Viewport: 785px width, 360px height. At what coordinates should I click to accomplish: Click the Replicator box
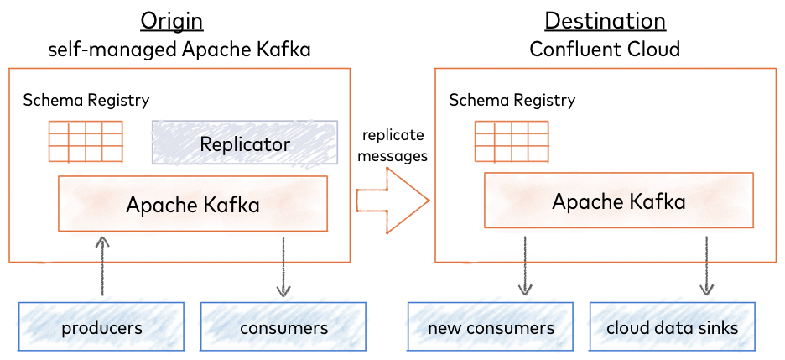pos(244,143)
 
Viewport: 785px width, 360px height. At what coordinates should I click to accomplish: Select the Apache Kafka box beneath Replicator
pos(192,204)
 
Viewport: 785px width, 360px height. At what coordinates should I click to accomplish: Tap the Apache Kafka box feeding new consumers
pos(619,201)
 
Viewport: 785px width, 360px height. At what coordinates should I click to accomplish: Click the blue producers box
pos(101,327)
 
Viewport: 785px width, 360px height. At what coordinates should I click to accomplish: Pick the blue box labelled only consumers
pos(283,327)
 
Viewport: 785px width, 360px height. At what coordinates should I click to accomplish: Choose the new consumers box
pos(491,327)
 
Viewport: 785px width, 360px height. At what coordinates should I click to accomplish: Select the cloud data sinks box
pos(673,327)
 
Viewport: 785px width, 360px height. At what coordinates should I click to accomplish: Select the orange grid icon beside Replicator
pos(86,142)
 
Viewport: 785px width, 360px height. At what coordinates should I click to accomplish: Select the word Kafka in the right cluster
pos(658,202)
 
